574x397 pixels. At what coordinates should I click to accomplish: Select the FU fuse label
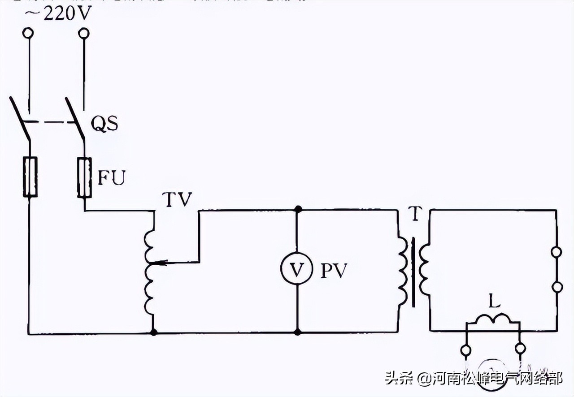coord(111,178)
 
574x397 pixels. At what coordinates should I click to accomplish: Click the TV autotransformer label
coord(179,200)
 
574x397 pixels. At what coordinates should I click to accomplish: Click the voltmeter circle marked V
coord(296,270)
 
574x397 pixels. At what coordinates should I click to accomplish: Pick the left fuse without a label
coord(30,177)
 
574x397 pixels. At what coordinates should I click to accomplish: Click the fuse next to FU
coord(84,177)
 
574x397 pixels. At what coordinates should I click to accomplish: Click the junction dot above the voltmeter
coord(296,209)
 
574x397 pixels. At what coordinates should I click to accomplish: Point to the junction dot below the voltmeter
coord(296,332)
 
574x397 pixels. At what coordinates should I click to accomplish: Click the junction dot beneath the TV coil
coord(154,332)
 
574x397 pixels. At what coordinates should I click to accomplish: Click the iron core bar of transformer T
coord(413,272)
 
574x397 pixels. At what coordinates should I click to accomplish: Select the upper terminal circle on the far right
coord(557,252)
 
